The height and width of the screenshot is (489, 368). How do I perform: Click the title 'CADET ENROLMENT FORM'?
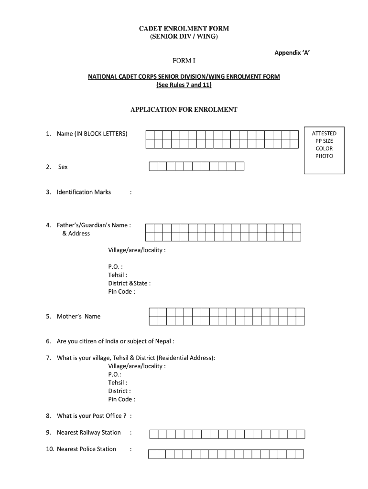pyautogui.click(x=184, y=29)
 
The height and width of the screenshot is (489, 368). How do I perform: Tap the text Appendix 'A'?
pyautogui.click(x=292, y=53)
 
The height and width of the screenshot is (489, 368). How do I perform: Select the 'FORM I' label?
pyautogui.click(x=184, y=61)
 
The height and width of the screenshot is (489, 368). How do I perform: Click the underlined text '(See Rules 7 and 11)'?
pyautogui.click(x=184, y=85)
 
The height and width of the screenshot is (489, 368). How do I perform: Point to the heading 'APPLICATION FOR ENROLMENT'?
pyautogui.click(x=184, y=109)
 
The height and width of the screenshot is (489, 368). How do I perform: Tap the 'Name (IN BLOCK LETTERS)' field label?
pyautogui.click(x=92, y=134)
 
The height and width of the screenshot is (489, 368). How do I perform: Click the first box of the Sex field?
pyautogui.click(x=154, y=166)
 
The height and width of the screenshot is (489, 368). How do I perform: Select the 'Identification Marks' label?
pyautogui.click(x=84, y=192)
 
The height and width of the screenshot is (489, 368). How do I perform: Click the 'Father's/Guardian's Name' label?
pyautogui.click(x=94, y=225)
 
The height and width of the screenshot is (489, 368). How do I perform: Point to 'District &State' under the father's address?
pyautogui.click(x=130, y=283)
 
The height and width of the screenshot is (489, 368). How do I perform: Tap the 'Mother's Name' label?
pyautogui.click(x=78, y=316)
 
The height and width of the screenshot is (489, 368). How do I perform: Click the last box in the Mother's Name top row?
pyautogui.click(x=300, y=312)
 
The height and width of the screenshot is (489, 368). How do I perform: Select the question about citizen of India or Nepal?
pyautogui.click(x=115, y=341)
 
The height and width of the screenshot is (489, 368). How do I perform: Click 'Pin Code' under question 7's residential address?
pyautogui.click(x=121, y=399)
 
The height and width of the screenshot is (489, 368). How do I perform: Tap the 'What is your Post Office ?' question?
pyautogui.click(x=91, y=416)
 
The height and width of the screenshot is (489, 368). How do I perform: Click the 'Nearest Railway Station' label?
pyautogui.click(x=88, y=433)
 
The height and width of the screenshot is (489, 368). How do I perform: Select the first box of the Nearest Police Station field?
pyautogui.click(x=153, y=454)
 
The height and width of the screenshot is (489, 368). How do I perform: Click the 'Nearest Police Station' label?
pyautogui.click(x=86, y=449)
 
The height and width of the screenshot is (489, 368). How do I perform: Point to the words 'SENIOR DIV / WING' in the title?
pyautogui.click(x=184, y=37)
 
